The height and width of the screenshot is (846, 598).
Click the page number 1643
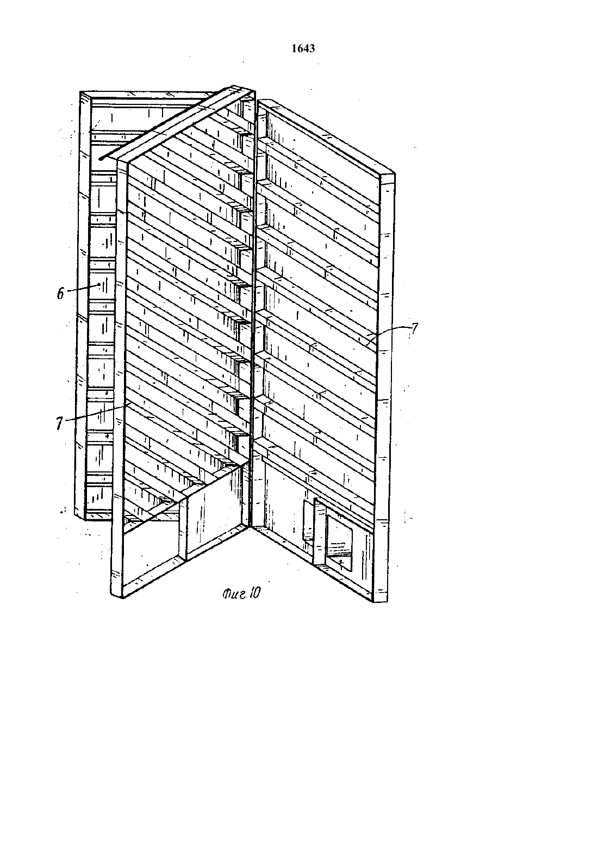click(x=303, y=48)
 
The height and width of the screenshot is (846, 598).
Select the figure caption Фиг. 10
click(x=241, y=594)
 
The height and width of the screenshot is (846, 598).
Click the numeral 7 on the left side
click(x=59, y=424)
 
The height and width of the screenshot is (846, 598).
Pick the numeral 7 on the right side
click(x=414, y=328)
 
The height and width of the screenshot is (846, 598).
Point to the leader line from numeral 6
click(x=82, y=288)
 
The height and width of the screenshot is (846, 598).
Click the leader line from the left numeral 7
click(x=97, y=412)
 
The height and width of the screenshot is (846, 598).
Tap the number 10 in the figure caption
click(x=254, y=594)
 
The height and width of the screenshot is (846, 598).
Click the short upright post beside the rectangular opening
click(x=320, y=532)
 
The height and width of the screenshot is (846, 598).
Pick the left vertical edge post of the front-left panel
click(x=119, y=378)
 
